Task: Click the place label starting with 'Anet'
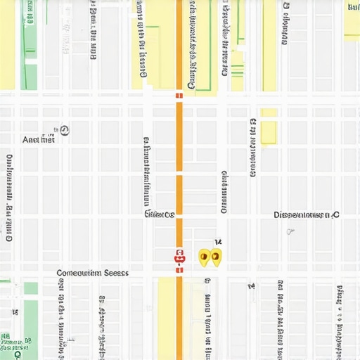pyautogui.click(x=38, y=140)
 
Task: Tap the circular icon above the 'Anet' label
pyautogui.click(x=65, y=129)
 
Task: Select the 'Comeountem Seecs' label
pyautogui.click(x=92, y=273)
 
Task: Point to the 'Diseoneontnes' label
pyautogui.click(x=302, y=215)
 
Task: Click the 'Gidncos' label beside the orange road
pyautogui.click(x=159, y=215)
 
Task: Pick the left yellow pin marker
pyautogui.click(x=204, y=257)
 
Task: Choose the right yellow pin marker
pyautogui.click(x=216, y=257)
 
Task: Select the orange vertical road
pyautogui.click(x=179, y=176)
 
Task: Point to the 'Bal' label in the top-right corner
pyautogui.click(x=353, y=6)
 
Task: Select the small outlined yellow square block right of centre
pyautogui.click(x=269, y=132)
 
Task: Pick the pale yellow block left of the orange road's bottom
pyautogui.click(x=166, y=316)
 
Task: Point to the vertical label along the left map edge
pyautogui.click(x=9, y=197)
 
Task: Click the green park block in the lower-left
pyautogui.click(x=31, y=288)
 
